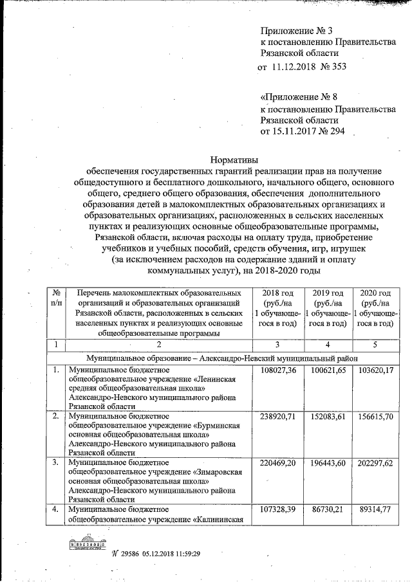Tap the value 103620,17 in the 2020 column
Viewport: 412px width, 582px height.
(375, 371)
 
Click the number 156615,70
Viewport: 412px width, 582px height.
(375, 416)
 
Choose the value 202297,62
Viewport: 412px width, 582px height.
(375, 462)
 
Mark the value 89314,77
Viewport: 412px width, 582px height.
(375, 509)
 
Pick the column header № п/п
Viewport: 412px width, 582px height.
(56, 297)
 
